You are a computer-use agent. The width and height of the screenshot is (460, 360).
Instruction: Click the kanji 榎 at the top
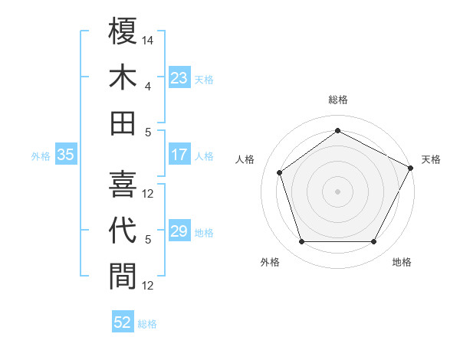(x=123, y=31)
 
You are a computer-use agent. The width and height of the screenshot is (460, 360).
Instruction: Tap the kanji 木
(x=123, y=77)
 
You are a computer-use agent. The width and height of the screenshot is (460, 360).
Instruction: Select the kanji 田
(x=123, y=123)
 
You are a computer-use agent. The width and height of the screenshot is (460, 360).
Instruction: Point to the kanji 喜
(x=123, y=183)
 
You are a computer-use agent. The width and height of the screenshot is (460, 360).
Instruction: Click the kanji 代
(x=123, y=230)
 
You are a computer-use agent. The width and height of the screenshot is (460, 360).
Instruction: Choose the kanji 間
(x=123, y=276)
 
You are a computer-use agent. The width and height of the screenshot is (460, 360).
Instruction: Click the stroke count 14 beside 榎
(x=148, y=40)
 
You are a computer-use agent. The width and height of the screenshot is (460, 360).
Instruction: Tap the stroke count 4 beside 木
(x=148, y=86)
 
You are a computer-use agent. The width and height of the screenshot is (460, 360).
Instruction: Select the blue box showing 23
(x=179, y=78)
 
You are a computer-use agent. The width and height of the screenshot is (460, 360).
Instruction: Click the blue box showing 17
(x=179, y=155)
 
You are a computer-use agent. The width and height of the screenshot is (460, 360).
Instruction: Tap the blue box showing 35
(x=66, y=155)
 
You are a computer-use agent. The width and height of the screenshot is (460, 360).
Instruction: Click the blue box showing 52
(x=123, y=322)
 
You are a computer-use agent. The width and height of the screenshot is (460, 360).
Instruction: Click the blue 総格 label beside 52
(x=147, y=323)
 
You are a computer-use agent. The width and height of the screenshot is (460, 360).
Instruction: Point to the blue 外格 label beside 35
(x=41, y=155)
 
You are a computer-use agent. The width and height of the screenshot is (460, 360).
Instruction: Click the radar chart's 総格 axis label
(x=337, y=100)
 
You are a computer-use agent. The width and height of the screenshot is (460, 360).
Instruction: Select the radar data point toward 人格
(x=280, y=172)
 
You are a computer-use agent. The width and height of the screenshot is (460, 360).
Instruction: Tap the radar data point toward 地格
(x=373, y=242)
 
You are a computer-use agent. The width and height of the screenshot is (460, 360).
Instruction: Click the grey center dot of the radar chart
(x=337, y=191)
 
